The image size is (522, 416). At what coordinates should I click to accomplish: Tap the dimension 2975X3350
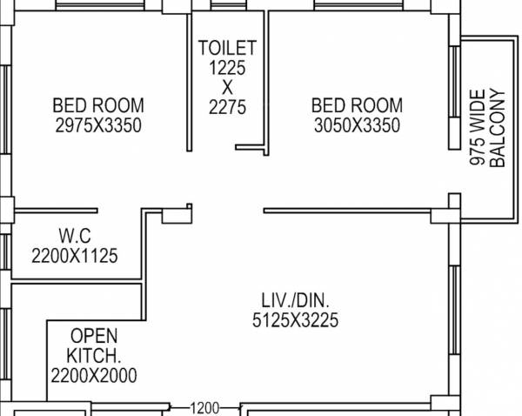pyautogui.click(x=97, y=126)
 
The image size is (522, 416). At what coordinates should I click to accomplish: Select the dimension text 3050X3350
pyautogui.click(x=357, y=126)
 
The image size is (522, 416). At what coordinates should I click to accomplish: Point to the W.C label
pyautogui.click(x=75, y=236)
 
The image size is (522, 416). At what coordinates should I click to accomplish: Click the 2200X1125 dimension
pyautogui.click(x=75, y=256)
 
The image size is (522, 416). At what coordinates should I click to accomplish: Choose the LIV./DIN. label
pyautogui.click(x=295, y=300)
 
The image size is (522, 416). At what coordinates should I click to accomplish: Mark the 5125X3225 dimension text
pyautogui.click(x=295, y=321)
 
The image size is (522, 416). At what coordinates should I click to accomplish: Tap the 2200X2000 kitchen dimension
pyautogui.click(x=93, y=376)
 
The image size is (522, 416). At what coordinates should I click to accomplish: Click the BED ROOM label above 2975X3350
pyautogui.click(x=97, y=106)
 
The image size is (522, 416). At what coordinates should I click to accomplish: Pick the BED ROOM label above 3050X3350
pyautogui.click(x=357, y=106)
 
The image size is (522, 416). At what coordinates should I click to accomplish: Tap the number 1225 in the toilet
pyautogui.click(x=227, y=67)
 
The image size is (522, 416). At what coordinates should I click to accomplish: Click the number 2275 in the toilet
pyautogui.click(x=227, y=108)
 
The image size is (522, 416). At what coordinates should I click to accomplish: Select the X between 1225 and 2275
pyautogui.click(x=227, y=87)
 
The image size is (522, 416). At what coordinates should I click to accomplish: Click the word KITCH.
pyautogui.click(x=94, y=356)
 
